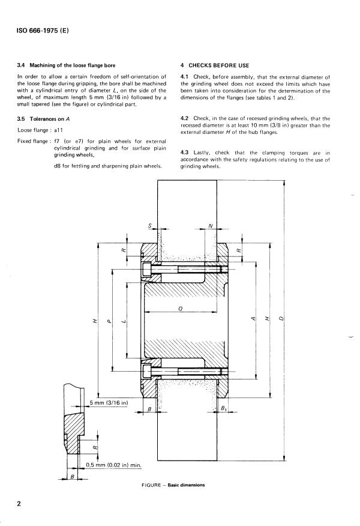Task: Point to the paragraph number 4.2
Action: (185, 118)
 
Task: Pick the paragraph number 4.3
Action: (185, 153)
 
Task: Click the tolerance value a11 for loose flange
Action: (59, 130)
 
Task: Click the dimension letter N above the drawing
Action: (210, 226)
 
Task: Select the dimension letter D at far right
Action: (281, 318)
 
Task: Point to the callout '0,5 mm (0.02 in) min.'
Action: (115, 465)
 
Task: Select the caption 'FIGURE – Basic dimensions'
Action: (170, 485)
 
